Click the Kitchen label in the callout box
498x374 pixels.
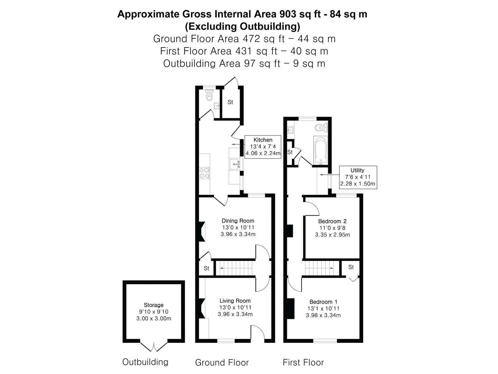(x=263, y=140)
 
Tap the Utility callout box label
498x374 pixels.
(x=357, y=170)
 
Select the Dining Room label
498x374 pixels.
(x=238, y=221)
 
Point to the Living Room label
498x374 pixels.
(x=235, y=301)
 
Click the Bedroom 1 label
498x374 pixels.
(x=323, y=302)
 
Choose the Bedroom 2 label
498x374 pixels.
(x=332, y=221)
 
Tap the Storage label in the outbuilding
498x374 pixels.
(x=154, y=305)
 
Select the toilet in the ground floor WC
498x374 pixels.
(x=209, y=95)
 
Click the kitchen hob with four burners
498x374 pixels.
(x=204, y=173)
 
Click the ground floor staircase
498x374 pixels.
(x=234, y=268)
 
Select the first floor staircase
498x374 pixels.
(x=320, y=268)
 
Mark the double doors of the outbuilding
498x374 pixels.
(x=154, y=346)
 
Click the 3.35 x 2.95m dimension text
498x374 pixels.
(x=332, y=235)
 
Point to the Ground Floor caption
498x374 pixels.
(x=222, y=363)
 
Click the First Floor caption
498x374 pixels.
(x=303, y=363)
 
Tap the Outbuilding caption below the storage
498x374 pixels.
(x=145, y=362)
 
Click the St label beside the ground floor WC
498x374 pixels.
(x=230, y=102)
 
